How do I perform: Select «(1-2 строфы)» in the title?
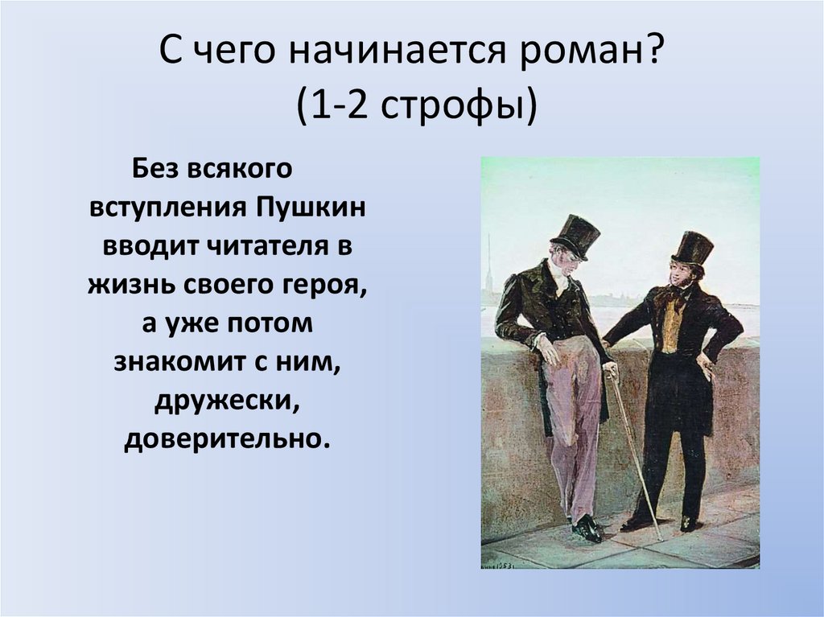pyautogui.click(x=412, y=106)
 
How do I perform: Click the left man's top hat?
pyautogui.click(x=576, y=235)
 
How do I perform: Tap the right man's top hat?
pyautogui.click(x=691, y=248)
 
